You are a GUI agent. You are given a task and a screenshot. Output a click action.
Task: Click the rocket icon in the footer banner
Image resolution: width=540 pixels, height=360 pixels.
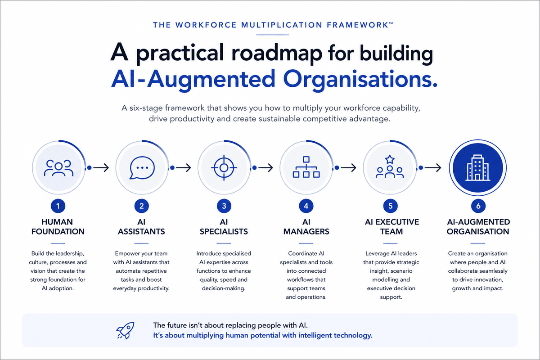126,330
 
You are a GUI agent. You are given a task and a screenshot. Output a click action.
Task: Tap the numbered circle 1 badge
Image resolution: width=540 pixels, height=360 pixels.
58,206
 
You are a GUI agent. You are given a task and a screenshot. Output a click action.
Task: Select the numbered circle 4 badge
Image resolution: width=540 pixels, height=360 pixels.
306,206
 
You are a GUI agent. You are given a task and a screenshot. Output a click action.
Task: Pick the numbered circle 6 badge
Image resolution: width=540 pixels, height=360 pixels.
478,206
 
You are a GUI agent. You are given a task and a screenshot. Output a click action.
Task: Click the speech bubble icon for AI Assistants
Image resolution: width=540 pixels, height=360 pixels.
142,168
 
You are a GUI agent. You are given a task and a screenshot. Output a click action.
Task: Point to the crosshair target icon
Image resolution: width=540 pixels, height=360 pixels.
224,168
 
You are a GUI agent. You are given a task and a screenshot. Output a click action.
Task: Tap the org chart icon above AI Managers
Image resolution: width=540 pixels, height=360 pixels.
306,167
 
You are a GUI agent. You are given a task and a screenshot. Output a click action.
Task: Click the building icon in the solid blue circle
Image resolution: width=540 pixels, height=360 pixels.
478,167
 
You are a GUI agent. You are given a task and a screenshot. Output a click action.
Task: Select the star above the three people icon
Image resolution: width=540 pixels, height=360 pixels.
390,159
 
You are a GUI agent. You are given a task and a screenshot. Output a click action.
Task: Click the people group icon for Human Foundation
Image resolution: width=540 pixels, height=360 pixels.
58,168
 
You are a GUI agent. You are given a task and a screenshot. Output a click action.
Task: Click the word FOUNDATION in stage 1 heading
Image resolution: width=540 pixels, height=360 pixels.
58,231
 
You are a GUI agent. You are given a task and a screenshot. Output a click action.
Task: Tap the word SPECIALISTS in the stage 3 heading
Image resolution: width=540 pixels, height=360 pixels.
224,231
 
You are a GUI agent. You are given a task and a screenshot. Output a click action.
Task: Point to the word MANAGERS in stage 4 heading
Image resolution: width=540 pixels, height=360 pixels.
306,231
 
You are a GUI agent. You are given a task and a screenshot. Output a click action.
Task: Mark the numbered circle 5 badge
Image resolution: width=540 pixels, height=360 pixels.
390,206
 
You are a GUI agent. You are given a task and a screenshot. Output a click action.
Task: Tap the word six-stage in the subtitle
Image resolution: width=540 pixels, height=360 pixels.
146,108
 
